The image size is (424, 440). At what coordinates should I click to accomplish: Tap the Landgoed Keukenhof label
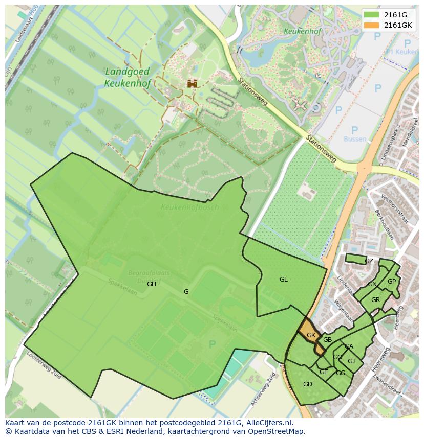click(127, 77)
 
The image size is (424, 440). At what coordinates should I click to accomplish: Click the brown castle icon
click(192, 83)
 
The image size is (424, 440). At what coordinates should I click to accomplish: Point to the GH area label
click(152, 284)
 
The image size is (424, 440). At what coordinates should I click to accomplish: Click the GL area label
click(283, 280)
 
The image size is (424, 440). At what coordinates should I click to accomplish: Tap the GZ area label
click(369, 261)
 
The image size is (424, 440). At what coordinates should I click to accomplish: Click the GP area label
click(391, 282)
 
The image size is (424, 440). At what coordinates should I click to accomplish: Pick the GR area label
click(375, 300)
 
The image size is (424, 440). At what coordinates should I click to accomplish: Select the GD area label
click(307, 384)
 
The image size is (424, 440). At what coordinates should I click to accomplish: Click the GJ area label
click(351, 361)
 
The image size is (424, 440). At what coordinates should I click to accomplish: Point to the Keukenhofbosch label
click(189, 207)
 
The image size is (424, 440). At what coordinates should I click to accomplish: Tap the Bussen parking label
click(355, 139)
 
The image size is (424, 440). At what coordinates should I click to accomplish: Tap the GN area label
click(372, 284)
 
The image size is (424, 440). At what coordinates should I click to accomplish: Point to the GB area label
click(327, 340)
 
